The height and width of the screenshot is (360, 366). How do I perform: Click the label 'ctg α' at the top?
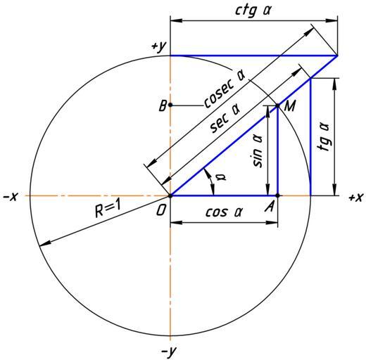pyautogui.click(x=253, y=11)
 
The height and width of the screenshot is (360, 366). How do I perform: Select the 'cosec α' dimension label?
pyautogui.click(x=224, y=89)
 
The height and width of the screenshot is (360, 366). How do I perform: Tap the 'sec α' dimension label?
pyautogui.click(x=225, y=118)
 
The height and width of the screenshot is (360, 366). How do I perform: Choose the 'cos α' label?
pyautogui.click(x=224, y=212)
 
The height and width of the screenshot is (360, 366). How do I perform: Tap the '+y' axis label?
pyautogui.click(x=159, y=47)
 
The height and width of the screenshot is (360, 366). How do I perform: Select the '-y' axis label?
pyautogui.click(x=169, y=352)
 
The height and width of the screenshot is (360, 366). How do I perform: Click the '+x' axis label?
pyautogui.click(x=356, y=198)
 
